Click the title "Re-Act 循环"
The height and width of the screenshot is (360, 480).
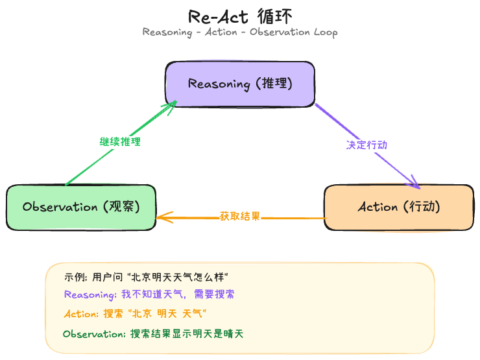pos(239,16)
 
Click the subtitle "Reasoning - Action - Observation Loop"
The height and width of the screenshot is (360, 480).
pos(239,32)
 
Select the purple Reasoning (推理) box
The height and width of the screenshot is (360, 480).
pos(239,84)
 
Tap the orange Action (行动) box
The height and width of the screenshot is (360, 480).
pos(398,208)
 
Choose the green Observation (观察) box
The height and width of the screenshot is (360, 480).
pos(81,208)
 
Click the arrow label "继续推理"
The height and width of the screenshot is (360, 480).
pos(120,141)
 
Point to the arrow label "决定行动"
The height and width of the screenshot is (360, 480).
pos(366,145)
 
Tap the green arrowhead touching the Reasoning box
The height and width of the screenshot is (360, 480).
pos(173,105)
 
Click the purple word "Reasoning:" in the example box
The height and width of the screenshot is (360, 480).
pos(90,294)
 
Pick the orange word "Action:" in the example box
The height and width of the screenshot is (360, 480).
pos(81,314)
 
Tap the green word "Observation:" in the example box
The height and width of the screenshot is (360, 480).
pos(95,334)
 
